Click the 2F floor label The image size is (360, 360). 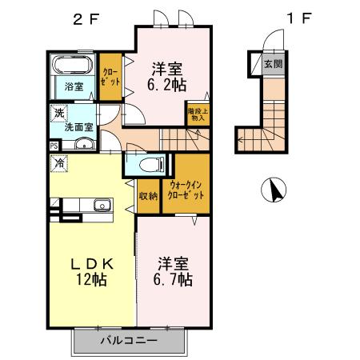click(84, 18)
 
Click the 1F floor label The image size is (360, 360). click(298, 18)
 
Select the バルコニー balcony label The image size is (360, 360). click(129, 341)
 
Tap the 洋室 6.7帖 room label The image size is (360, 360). click(173, 271)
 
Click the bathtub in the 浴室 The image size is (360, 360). click(74, 66)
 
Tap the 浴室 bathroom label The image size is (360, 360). click(74, 86)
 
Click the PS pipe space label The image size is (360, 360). click(54, 146)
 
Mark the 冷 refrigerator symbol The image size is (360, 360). click(60, 162)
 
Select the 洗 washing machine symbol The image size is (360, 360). click(60, 112)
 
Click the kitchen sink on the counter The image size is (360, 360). click(101, 206)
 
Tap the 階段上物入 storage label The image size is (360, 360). click(198, 114)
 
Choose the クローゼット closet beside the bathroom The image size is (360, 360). click(111, 78)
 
